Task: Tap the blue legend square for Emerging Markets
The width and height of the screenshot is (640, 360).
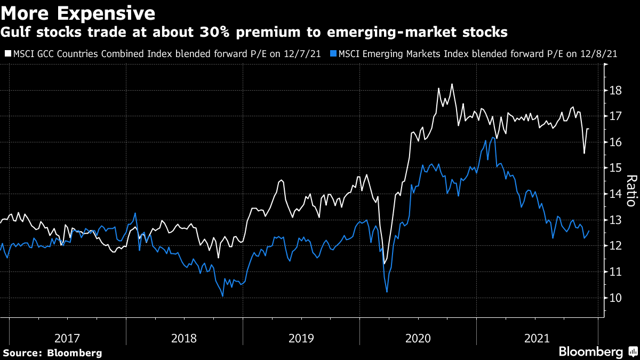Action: point(333,53)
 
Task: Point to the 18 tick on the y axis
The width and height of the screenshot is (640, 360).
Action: point(615,90)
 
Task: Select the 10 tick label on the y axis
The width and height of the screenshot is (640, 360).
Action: point(615,298)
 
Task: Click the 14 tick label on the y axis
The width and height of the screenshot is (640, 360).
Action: point(615,194)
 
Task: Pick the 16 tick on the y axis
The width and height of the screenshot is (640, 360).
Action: point(615,142)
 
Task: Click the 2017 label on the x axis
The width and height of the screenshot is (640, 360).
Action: point(67,338)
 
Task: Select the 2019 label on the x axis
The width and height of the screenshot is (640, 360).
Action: point(301,338)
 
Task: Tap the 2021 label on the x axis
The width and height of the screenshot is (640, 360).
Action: point(537,338)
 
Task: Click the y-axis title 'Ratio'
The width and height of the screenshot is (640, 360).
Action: point(631,190)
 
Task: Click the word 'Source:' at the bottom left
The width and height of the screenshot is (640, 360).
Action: point(23,353)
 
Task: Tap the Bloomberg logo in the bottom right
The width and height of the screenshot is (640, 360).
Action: point(590,352)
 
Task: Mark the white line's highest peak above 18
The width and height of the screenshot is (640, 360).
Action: point(452,84)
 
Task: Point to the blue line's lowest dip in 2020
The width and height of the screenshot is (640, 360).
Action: point(387,291)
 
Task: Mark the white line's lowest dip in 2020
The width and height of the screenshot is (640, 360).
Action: point(384,263)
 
